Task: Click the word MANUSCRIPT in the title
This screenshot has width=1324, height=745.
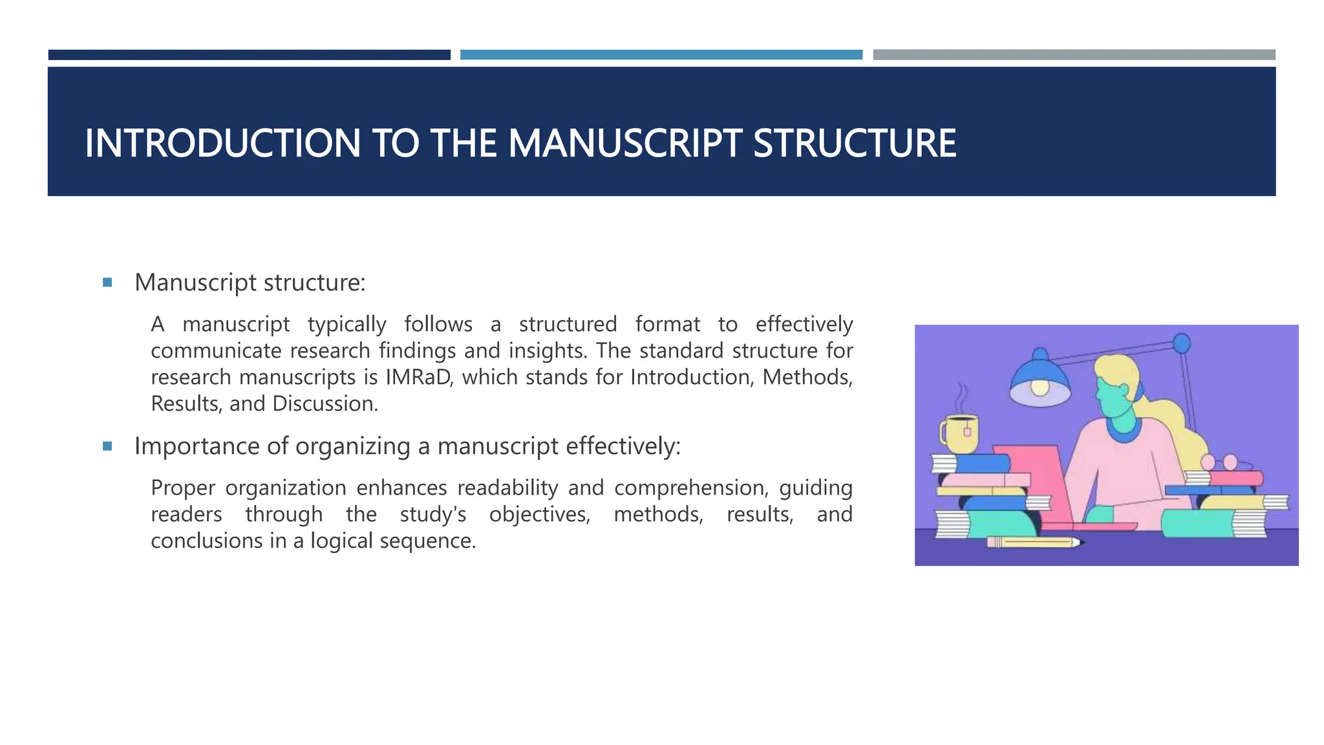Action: [x=625, y=144]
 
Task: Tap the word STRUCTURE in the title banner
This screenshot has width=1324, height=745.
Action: [x=855, y=144]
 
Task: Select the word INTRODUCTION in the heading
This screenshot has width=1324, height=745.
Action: [x=222, y=144]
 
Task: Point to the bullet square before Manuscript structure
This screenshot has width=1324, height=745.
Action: [x=107, y=283]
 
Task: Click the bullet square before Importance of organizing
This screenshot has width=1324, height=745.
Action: [x=107, y=446]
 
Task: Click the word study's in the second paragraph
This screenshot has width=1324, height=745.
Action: [x=432, y=514]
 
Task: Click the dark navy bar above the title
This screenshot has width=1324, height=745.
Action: [x=249, y=55]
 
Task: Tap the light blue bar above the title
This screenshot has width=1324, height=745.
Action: [x=661, y=55]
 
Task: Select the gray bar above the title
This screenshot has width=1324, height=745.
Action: [x=1074, y=55]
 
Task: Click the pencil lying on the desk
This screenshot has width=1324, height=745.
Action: [x=1032, y=542]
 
